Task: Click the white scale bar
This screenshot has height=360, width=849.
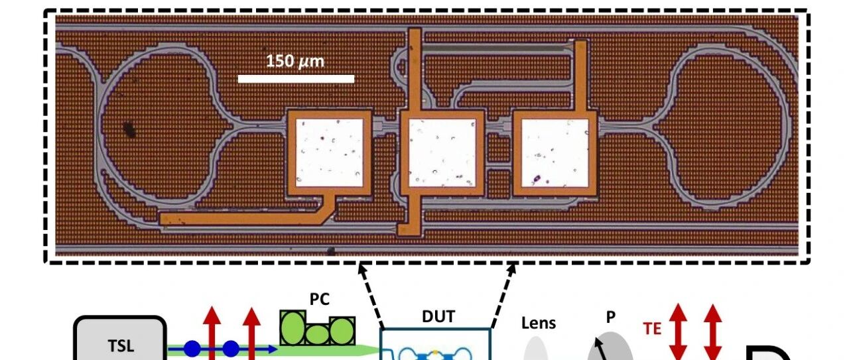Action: [x=296, y=79]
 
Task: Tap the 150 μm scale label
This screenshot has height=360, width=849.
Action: [x=295, y=61]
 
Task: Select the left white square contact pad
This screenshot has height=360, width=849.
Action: [x=329, y=152]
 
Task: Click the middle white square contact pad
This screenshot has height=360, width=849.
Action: [x=442, y=152]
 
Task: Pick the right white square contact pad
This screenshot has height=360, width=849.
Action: [x=555, y=152]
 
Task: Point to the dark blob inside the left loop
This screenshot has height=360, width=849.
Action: [x=129, y=129]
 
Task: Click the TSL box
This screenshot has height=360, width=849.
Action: [x=120, y=338]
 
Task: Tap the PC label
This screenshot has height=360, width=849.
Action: [x=320, y=300]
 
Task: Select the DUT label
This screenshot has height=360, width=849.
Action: [x=438, y=316]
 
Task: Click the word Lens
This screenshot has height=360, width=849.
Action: [x=539, y=324]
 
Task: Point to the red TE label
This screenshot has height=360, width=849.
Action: [x=652, y=329]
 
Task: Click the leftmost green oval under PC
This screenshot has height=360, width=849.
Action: [x=293, y=328]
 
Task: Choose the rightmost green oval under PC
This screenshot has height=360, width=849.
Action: [x=342, y=331]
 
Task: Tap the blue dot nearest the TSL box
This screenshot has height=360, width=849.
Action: [x=192, y=349]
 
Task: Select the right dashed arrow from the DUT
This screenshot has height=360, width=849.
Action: [x=503, y=296]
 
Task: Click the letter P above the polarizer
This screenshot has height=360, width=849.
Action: [x=611, y=317]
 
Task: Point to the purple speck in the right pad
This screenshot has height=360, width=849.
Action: [x=537, y=178]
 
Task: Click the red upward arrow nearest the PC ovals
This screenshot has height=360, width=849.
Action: [x=251, y=333]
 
